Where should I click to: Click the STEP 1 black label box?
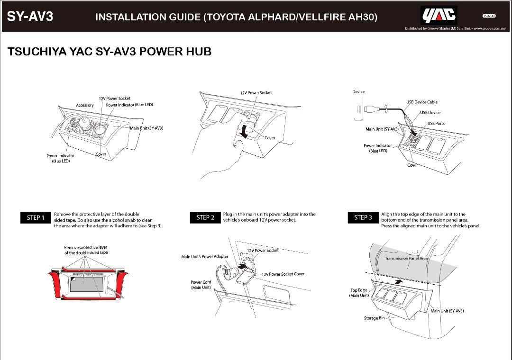[x=36, y=217]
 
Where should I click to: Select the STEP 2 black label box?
[x=205, y=217]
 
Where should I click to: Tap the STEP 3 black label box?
[x=363, y=217]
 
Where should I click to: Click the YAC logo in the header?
[x=439, y=16]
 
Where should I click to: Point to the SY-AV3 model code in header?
[x=30, y=17]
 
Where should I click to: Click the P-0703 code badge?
[x=489, y=16]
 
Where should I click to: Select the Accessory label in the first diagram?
[x=85, y=105]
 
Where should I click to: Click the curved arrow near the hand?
[x=245, y=131]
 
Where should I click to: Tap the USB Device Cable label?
[x=421, y=102]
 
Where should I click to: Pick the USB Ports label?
[x=436, y=124]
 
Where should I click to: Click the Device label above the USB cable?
[x=358, y=92]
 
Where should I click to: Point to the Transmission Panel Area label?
[x=406, y=259]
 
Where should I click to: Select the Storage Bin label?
[x=374, y=318]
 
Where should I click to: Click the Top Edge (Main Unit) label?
[x=359, y=293]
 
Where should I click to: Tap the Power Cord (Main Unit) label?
[x=201, y=285]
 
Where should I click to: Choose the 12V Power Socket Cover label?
[x=283, y=274]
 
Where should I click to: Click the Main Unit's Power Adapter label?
[x=205, y=257]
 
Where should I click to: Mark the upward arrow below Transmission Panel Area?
[x=401, y=281]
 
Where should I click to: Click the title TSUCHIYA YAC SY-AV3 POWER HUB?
[x=110, y=52]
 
